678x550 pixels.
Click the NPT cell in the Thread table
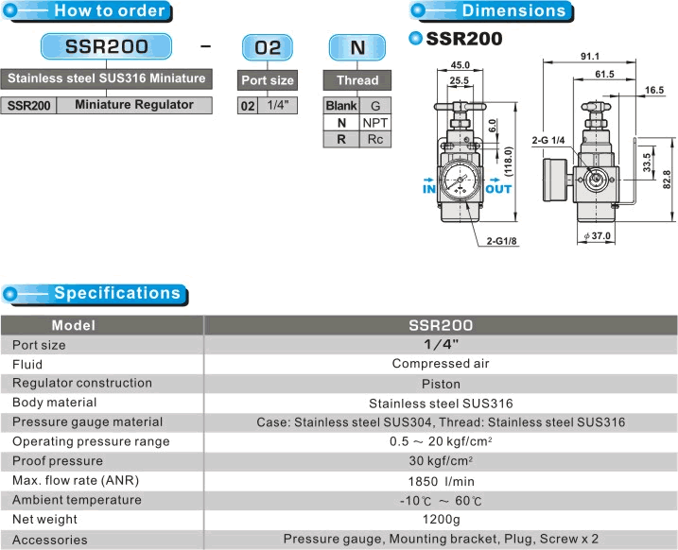(x=374, y=123)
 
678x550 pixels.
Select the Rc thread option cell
(x=374, y=140)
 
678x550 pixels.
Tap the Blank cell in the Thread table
(x=341, y=106)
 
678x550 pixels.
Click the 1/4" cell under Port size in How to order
(x=278, y=105)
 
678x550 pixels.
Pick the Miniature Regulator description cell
(x=134, y=105)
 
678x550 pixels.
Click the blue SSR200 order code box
(x=106, y=46)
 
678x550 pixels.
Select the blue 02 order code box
(x=268, y=47)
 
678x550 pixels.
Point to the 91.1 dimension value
(x=590, y=57)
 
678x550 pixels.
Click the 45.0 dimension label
(x=460, y=65)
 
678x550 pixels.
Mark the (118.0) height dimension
(x=509, y=162)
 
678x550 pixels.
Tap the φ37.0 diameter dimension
(x=597, y=236)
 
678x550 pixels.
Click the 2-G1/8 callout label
(x=501, y=241)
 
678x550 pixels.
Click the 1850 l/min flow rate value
(x=441, y=481)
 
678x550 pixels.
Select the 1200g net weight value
(x=441, y=520)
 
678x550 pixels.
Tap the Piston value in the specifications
(x=441, y=384)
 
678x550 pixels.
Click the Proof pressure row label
(x=58, y=461)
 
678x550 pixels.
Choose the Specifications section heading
(x=117, y=293)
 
